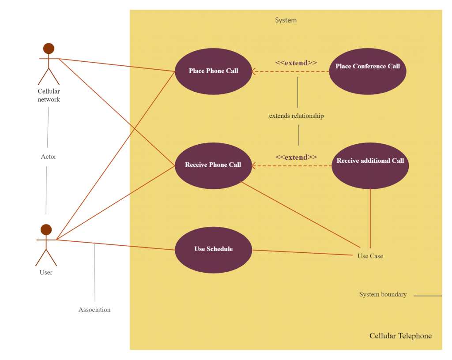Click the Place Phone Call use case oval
pos(213,71)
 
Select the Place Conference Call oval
pos(367,71)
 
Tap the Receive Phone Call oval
pos(213,165)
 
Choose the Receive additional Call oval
pos(370,165)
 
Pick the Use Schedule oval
pos(213,250)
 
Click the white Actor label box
pos(49,157)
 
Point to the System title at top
pos(286,20)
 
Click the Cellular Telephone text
pos(400,336)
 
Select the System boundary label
pos(383,295)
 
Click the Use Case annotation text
pos(370,256)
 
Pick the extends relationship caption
pos(296,116)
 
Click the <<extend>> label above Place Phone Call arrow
pos(296,63)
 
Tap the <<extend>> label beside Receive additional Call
pos(296,157)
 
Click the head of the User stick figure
pos(46,229)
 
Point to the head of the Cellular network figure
pos(49,48)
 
